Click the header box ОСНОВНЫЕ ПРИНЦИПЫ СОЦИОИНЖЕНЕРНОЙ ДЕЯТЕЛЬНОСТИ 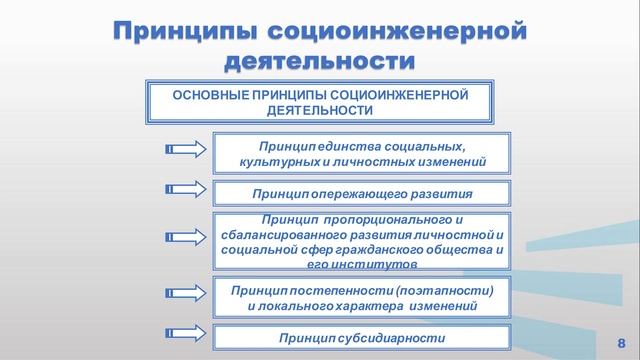pos(321,102)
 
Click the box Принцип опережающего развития pos(361,191)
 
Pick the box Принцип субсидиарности pos(361,338)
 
